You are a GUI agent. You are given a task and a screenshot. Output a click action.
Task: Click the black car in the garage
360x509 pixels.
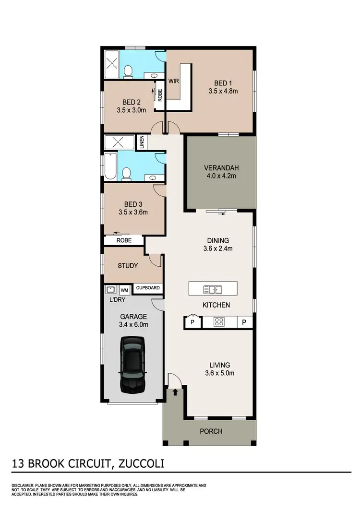[132, 364]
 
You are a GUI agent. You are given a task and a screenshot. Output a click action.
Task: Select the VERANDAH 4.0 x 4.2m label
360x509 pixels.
[221, 172]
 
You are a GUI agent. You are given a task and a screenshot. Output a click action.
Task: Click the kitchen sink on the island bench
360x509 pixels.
[212, 289]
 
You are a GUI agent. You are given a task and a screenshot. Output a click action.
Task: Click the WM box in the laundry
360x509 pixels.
[124, 290]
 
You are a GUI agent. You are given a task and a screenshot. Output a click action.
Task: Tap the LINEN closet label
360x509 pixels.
[142, 142]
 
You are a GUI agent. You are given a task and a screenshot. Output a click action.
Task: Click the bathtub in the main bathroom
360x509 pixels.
[111, 166]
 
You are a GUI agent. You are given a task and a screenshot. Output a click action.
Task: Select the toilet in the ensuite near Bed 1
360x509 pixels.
[128, 71]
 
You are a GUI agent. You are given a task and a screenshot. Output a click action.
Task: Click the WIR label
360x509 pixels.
[173, 81]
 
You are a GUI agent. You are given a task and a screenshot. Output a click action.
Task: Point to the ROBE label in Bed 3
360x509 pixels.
[124, 240]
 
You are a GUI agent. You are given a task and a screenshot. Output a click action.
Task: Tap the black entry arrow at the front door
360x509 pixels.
[175, 392]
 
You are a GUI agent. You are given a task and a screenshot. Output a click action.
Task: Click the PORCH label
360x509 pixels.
[211, 431]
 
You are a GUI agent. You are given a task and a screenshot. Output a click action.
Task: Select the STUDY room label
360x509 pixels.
[128, 266]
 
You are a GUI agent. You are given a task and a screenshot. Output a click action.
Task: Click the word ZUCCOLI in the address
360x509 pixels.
[139, 464]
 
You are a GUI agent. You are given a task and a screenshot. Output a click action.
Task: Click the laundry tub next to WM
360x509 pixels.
[110, 289]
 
